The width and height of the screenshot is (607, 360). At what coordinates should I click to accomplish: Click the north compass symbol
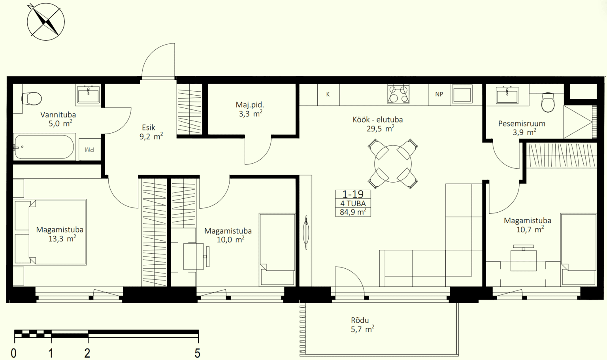click(x=45, y=22)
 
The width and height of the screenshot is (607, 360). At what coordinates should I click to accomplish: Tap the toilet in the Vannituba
click(x=32, y=98)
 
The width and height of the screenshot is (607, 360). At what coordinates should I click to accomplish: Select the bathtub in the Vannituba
click(x=44, y=147)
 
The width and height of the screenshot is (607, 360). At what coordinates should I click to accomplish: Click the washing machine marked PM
click(x=90, y=149)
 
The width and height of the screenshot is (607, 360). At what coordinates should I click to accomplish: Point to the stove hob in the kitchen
click(x=398, y=94)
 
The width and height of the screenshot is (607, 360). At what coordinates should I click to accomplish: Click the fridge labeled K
click(x=328, y=94)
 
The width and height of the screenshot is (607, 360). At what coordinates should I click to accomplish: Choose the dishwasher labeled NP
click(x=439, y=94)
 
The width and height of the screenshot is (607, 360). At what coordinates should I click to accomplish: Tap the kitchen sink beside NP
click(x=462, y=94)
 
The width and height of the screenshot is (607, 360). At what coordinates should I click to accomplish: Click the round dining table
click(x=393, y=164)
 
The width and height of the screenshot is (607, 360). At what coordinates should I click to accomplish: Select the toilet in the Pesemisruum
click(x=548, y=102)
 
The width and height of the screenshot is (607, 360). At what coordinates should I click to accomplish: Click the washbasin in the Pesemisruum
click(x=507, y=95)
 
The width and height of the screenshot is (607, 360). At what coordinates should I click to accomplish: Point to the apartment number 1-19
click(x=353, y=194)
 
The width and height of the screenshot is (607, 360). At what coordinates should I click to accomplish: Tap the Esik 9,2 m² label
click(x=151, y=132)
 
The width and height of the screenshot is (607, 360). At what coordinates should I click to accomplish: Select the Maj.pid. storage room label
click(x=250, y=109)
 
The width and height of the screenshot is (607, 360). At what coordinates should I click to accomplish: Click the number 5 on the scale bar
click(x=198, y=353)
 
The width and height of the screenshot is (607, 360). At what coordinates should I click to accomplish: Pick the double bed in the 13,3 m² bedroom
click(x=50, y=232)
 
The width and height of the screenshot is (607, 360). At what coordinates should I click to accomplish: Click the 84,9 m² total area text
click(x=353, y=212)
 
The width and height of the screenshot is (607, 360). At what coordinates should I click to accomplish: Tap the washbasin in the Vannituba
click(x=89, y=94)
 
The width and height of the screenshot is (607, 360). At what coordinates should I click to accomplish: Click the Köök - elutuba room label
click(x=378, y=119)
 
